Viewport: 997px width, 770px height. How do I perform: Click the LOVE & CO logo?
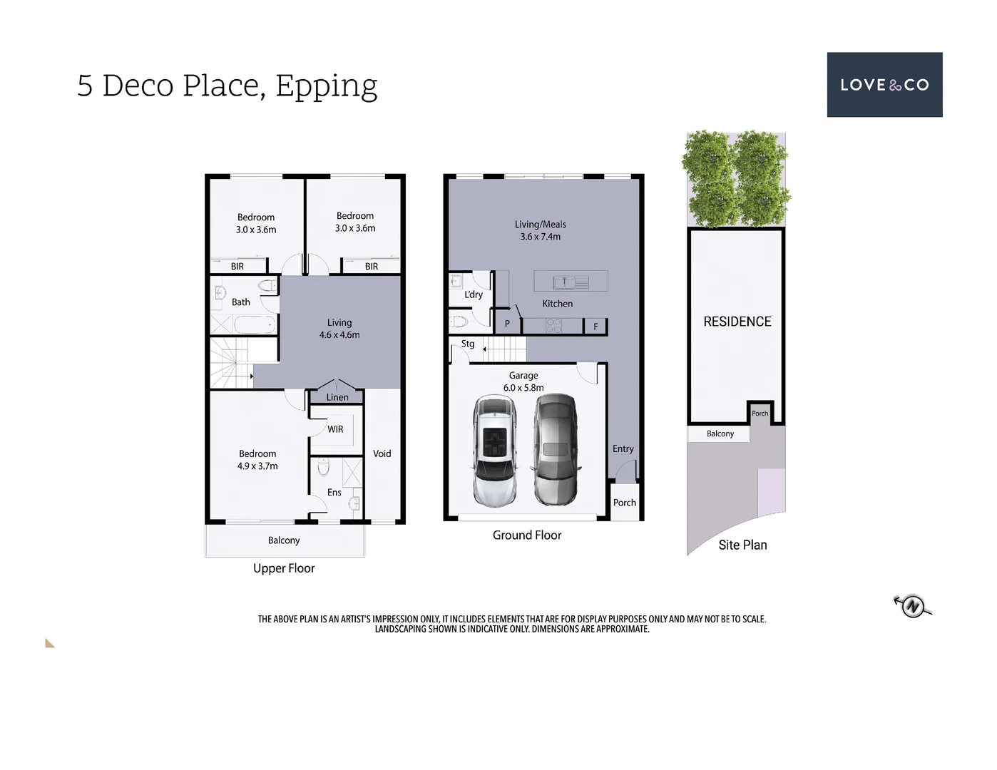pos(884,85)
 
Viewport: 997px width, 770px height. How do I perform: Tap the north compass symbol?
pos(913,606)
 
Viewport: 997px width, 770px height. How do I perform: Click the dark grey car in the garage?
pos(556,450)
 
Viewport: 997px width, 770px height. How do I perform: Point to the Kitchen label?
pos(557,304)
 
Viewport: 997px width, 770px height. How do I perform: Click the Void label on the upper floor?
pos(382,453)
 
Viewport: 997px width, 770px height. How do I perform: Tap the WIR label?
pos(335,429)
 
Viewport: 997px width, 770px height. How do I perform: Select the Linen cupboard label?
pos(337,397)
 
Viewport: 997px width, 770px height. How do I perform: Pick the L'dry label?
pos(474,294)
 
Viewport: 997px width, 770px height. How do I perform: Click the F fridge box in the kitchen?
pos(595,327)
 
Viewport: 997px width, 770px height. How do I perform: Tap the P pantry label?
pos(507,324)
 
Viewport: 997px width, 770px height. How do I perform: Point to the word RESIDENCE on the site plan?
pos(737,322)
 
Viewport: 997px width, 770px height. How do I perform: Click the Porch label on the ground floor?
pos(624,503)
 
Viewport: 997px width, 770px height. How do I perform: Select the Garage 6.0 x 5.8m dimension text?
pos(523,388)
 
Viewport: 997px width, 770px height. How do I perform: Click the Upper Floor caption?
pos(284,568)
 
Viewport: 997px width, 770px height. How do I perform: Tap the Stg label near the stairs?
pos(468,344)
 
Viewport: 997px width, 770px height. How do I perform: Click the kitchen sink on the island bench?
pos(564,283)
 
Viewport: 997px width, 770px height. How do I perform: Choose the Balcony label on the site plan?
pos(720,433)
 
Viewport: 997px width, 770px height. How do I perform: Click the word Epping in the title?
pos(326,86)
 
